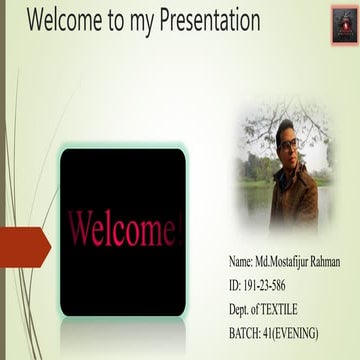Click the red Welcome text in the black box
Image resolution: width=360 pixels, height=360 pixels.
click(121, 229)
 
